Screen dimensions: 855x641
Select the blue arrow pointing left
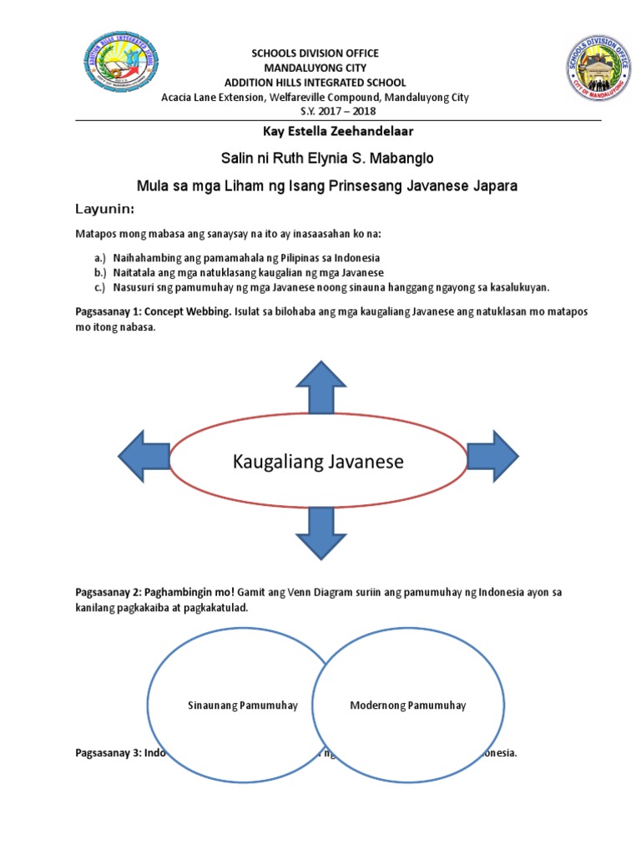click(145, 458)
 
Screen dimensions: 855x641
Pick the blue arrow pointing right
click(492, 456)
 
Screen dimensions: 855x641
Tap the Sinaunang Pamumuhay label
click(242, 706)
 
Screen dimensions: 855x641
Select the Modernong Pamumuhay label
click(407, 706)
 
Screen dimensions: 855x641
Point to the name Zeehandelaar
click(346, 131)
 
